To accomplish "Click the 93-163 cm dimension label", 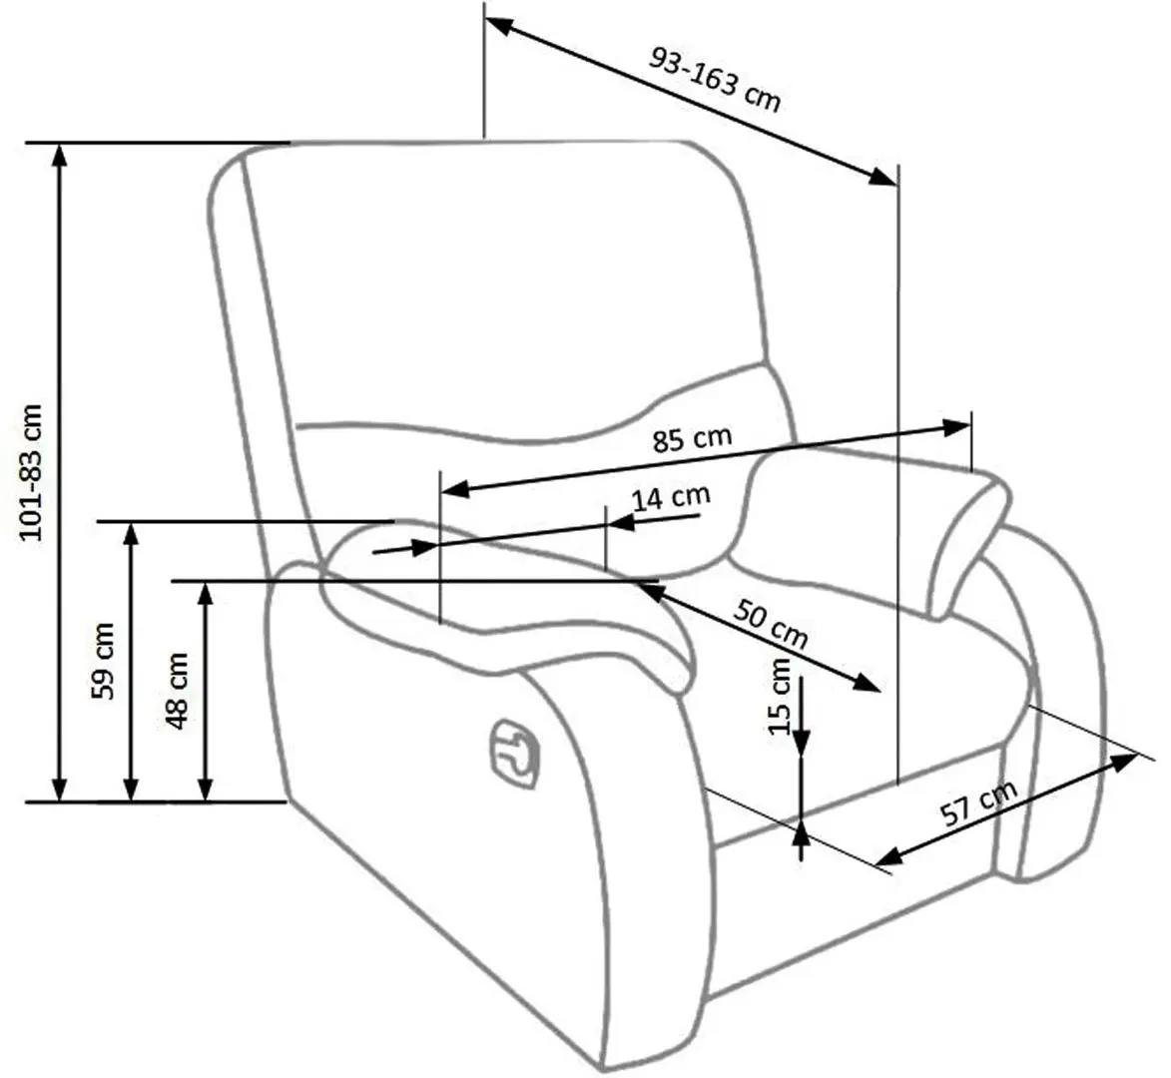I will [x=715, y=77].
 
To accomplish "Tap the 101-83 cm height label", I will [x=33, y=471].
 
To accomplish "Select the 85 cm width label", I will [x=692, y=439].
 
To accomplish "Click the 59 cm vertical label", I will [x=103, y=660].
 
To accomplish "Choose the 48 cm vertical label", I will [x=177, y=690].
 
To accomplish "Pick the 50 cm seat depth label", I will [x=771, y=621].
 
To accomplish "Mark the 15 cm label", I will [x=780, y=697].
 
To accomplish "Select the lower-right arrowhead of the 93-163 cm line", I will [x=882, y=178].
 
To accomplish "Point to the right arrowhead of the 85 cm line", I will [x=957, y=427].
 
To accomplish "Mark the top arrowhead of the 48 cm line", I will [x=205, y=593].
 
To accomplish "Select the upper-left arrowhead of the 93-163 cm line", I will [x=497, y=27].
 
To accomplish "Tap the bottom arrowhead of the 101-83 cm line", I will [x=60, y=789].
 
